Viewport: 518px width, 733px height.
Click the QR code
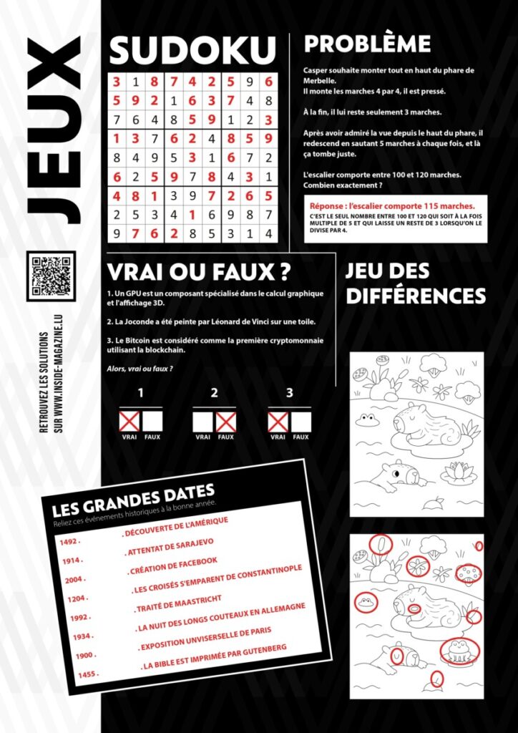click(x=51, y=276)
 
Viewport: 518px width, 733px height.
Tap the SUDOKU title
click(x=192, y=52)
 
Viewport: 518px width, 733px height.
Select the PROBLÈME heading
click(x=367, y=44)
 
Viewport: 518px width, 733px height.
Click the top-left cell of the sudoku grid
click(x=116, y=81)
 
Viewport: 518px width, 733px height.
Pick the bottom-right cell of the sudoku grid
click(x=268, y=233)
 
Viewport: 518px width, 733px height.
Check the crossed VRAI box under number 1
click(x=129, y=422)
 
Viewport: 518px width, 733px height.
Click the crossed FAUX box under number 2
click(x=225, y=422)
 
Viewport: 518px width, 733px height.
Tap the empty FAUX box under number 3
click(x=300, y=422)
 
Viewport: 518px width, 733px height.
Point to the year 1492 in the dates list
click(x=69, y=543)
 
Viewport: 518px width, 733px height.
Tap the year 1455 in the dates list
click(x=87, y=674)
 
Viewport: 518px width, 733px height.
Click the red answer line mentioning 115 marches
click(x=389, y=205)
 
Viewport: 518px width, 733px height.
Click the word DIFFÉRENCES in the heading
click(x=416, y=296)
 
